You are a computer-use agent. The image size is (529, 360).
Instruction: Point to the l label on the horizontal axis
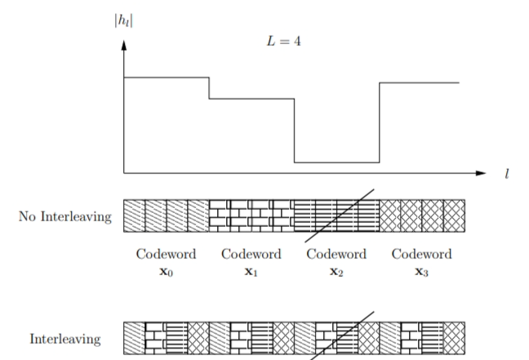pyautogui.click(x=507, y=174)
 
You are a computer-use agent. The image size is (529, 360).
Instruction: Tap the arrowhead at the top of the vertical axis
pyautogui.click(x=124, y=45)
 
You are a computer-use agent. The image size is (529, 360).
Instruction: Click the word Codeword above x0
pyautogui.click(x=166, y=255)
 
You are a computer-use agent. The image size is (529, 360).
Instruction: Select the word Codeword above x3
pyautogui.click(x=421, y=255)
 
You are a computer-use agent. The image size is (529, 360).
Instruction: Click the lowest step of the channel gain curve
pyautogui.click(x=336, y=162)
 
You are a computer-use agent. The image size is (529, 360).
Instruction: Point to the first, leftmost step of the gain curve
pyautogui.click(x=167, y=78)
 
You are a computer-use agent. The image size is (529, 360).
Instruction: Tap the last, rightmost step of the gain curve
pyautogui.click(x=420, y=82)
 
